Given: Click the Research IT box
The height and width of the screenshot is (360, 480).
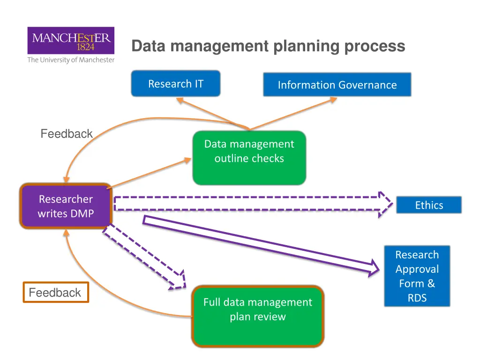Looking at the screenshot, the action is tap(176, 83).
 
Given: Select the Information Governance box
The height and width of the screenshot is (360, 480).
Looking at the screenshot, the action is tap(337, 84).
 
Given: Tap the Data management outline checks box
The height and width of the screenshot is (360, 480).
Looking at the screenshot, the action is tap(249, 158).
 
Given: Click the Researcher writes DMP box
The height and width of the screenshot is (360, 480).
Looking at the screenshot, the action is tap(66, 206).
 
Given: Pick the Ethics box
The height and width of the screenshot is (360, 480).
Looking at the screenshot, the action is tap(429, 205).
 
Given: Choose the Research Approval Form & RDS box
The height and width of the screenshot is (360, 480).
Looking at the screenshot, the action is tap(417, 276).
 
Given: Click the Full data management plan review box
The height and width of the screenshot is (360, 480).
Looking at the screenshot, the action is tap(258, 316).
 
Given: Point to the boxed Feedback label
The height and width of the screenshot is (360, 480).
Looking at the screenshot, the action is tap(56, 292).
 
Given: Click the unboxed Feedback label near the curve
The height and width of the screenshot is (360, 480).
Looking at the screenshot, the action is tap(67, 134).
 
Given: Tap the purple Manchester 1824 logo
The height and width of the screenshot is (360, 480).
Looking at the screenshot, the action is tap(71, 40).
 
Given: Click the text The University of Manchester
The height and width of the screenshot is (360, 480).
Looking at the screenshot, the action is tap(71, 60).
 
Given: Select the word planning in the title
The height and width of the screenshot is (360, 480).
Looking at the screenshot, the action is tap(306, 46).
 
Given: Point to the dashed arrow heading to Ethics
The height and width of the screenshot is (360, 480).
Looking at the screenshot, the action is tap(253, 204).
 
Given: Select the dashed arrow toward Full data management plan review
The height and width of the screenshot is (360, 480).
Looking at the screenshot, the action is tap(144, 256).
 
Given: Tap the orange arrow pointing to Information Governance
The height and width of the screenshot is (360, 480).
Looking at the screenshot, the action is tap(293, 113).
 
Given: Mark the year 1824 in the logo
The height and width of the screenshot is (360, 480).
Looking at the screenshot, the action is tap(85, 47).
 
